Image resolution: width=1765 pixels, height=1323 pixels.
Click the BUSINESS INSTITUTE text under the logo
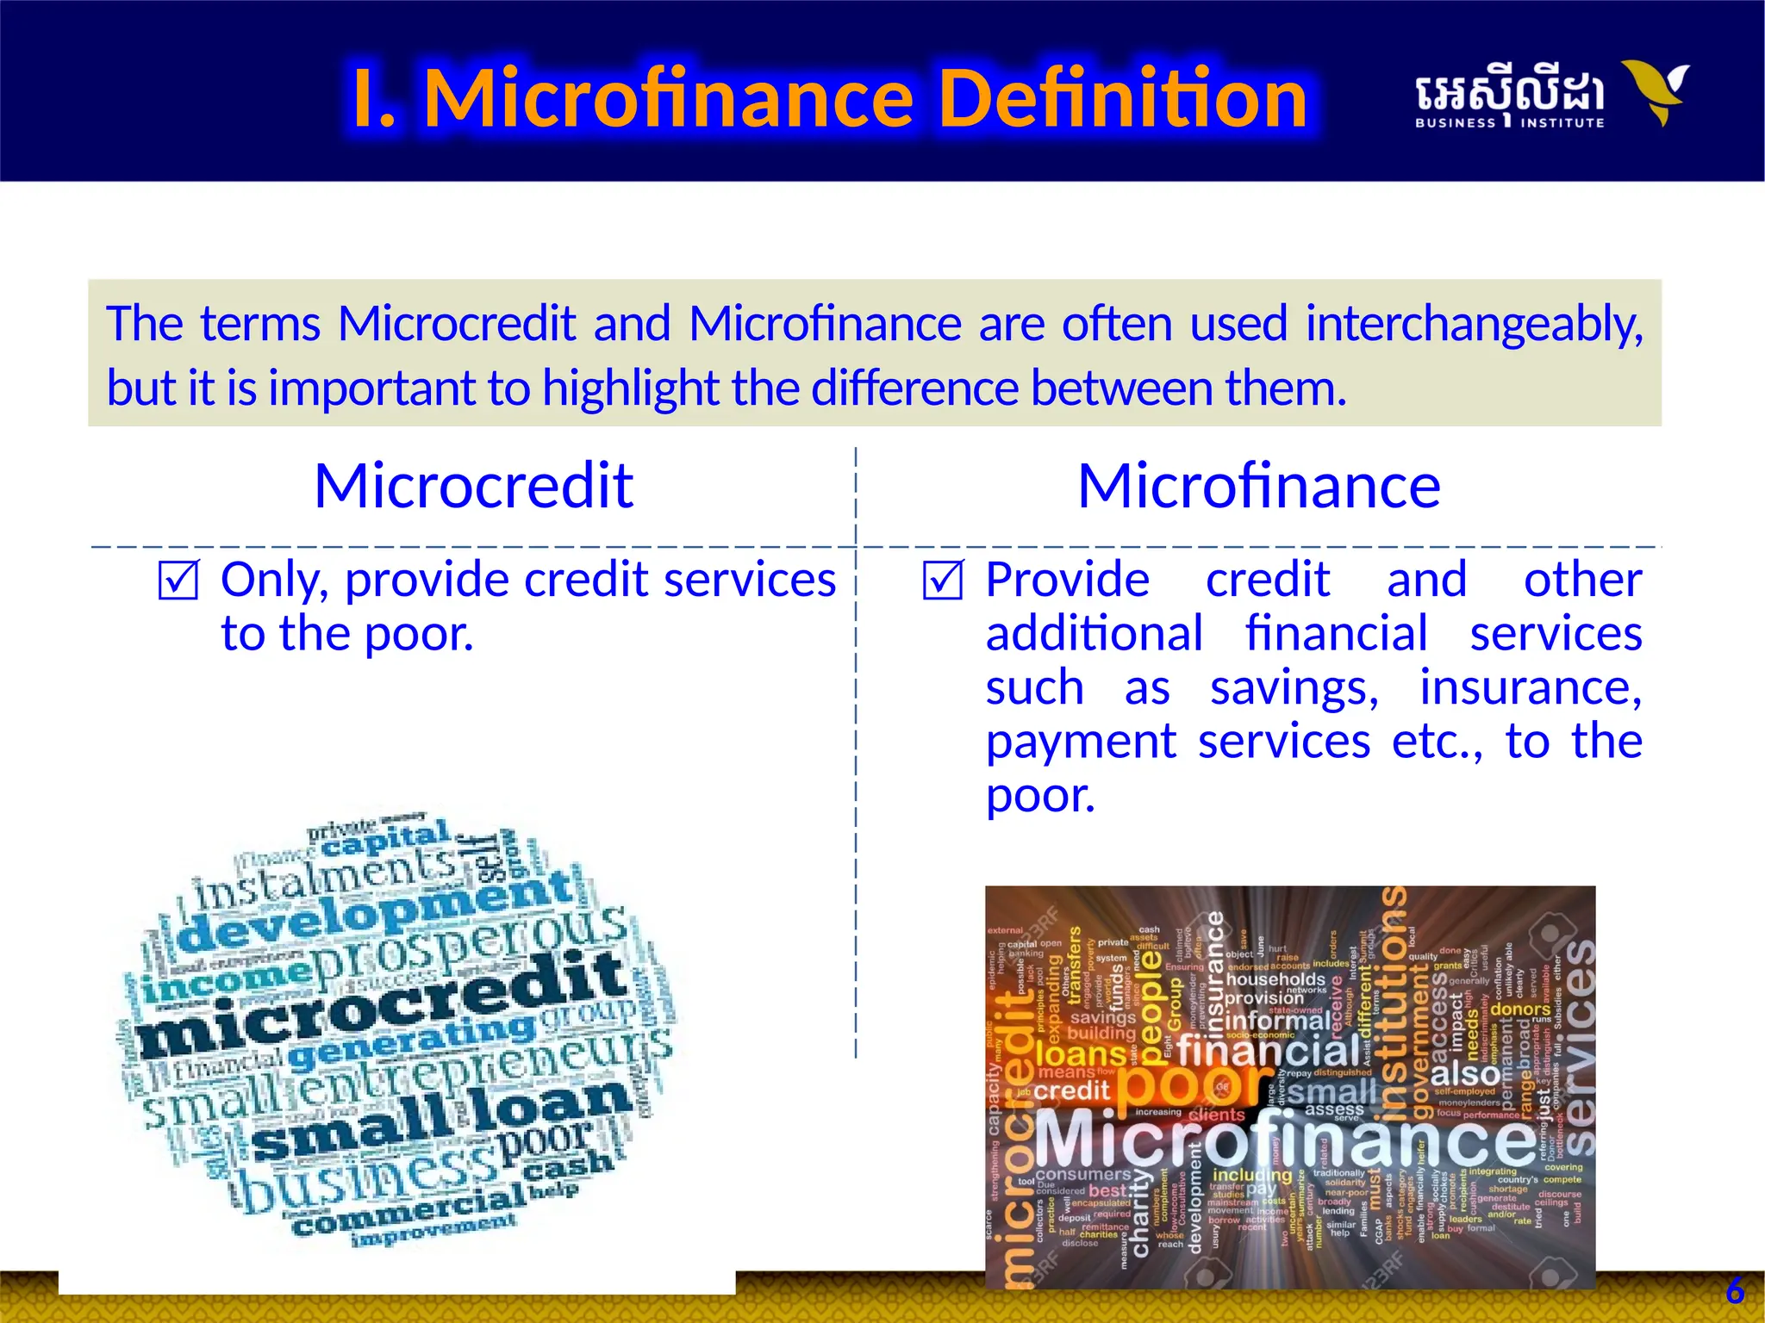1509,123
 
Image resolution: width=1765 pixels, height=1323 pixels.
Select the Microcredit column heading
473,487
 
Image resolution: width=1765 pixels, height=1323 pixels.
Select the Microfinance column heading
1258,487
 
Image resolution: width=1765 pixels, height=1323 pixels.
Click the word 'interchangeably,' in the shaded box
1474,325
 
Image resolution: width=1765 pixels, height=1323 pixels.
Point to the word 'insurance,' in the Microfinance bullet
1530,688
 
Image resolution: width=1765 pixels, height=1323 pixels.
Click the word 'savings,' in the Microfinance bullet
1294,688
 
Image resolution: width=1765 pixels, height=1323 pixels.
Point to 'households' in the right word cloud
1275,979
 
